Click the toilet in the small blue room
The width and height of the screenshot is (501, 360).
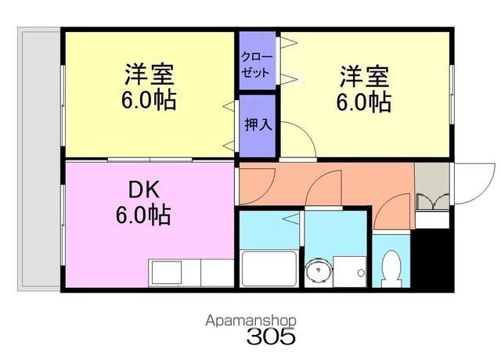pyautogui.click(x=391, y=268)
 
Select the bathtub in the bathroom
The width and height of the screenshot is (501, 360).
pyautogui.click(x=269, y=269)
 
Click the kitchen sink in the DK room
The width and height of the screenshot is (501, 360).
pyautogui.click(x=167, y=272)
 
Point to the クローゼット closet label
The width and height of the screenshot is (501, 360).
pyautogui.click(x=258, y=65)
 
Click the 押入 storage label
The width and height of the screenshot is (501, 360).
pyautogui.click(x=258, y=124)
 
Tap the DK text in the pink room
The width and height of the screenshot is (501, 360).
pyautogui.click(x=143, y=190)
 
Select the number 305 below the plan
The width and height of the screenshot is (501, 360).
pyautogui.click(x=271, y=336)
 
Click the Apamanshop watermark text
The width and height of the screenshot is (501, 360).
pyautogui.click(x=250, y=321)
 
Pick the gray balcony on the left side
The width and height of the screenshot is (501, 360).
pyautogui.click(x=39, y=160)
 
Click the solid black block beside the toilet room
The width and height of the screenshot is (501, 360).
pyautogui.click(x=432, y=258)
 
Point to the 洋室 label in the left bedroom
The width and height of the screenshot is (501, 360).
pyautogui.click(x=150, y=74)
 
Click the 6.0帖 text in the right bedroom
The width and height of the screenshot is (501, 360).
pyautogui.click(x=364, y=102)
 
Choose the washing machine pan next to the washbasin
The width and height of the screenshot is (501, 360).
pyautogui.click(x=349, y=272)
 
